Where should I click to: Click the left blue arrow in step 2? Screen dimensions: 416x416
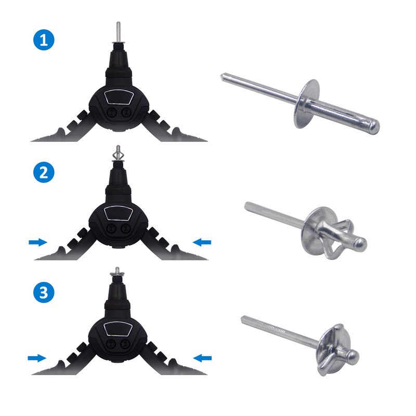38,242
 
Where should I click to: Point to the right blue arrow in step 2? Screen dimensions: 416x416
202,241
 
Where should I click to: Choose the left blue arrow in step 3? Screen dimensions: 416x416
37,358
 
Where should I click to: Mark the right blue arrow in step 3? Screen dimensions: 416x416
202,357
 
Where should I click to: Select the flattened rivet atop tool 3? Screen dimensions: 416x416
119,271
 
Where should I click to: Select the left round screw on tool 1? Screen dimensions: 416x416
110,112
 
